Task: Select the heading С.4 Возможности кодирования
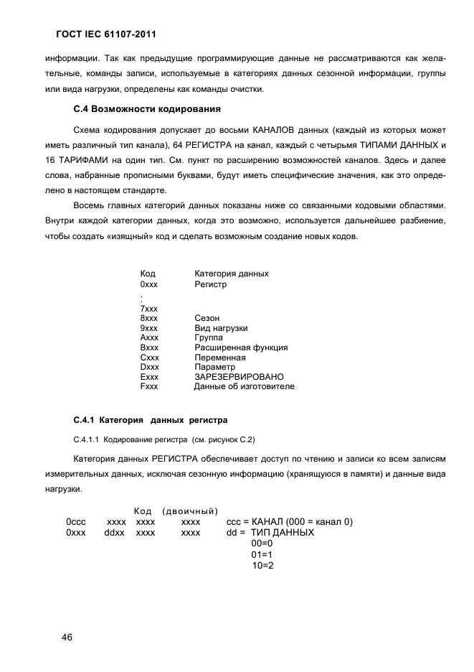[x=146, y=110]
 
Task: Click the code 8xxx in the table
[x=149, y=317]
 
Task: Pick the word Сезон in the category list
[x=207, y=317]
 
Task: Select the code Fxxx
[x=149, y=386]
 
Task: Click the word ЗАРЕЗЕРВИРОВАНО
[x=239, y=376]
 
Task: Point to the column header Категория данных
[x=232, y=274]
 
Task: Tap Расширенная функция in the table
[x=241, y=347]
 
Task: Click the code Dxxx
[x=149, y=367]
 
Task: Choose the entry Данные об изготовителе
[x=244, y=386]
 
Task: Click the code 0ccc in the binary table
[x=76, y=521]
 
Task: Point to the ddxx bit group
[x=115, y=533]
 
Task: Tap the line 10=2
[x=262, y=566]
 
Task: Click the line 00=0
[x=262, y=544]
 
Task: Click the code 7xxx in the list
[x=149, y=308]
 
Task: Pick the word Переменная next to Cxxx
[x=220, y=357]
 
